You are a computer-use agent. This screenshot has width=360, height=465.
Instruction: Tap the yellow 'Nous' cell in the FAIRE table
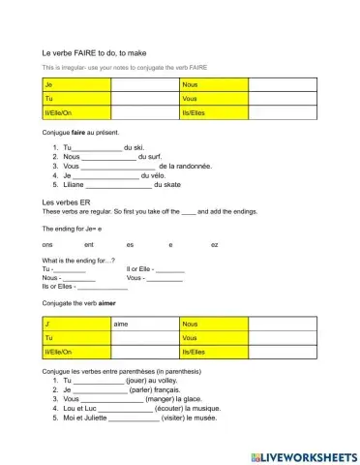pos(214,85)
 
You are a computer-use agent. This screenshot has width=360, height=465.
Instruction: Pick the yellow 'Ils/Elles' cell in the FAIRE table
pos(214,112)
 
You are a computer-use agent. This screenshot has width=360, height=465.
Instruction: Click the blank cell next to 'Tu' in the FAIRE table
pos(144,99)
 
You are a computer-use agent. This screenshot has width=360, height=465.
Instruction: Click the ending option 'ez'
pos(215,245)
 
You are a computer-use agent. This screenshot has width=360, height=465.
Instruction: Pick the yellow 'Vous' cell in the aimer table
pos(214,336)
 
